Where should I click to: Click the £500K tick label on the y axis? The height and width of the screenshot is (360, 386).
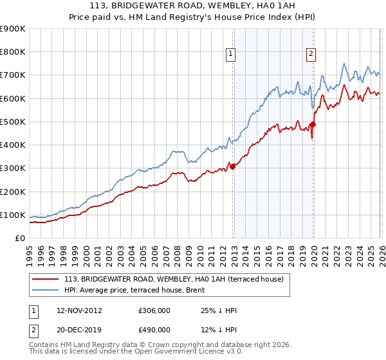(13, 122)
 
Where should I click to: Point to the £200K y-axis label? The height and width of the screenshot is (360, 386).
(13, 192)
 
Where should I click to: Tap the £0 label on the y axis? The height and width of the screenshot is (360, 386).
(20, 239)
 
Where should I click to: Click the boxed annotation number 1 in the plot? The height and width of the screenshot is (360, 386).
(230, 55)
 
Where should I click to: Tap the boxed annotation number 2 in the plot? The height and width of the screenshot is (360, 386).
(311, 55)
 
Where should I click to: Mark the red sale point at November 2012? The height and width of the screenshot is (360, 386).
(233, 166)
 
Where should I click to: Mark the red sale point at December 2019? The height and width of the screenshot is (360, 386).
(313, 124)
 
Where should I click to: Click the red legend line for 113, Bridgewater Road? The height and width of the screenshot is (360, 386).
(46, 278)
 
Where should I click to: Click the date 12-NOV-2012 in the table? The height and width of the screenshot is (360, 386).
(76, 310)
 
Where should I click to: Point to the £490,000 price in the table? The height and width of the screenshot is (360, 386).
(154, 330)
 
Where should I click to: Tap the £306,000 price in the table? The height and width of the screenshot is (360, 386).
(154, 310)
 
